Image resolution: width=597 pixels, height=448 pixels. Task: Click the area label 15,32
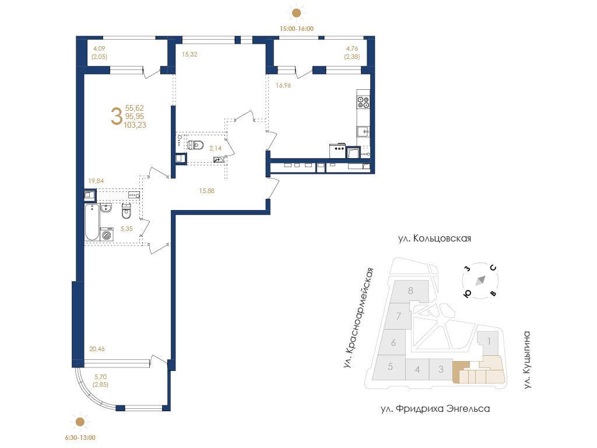189,54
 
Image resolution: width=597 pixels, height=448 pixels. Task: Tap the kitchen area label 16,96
283,85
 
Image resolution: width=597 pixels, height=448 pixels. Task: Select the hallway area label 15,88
207,191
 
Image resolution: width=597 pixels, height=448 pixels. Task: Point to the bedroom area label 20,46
97,349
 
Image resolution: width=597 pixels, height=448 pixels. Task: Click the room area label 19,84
96,181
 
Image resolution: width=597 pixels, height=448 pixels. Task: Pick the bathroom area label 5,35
127,229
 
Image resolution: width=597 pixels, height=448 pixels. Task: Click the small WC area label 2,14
215,149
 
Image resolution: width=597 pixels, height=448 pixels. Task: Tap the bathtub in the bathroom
92,222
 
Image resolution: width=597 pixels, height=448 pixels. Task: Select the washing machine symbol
107,235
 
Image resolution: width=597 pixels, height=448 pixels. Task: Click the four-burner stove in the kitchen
363,102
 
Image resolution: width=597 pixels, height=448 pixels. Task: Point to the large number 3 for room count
117,116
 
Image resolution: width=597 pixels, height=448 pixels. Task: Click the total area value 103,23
135,125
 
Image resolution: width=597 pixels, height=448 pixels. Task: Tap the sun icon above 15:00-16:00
296,13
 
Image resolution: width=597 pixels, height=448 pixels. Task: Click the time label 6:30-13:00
80,437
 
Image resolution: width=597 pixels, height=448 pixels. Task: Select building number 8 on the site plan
410,290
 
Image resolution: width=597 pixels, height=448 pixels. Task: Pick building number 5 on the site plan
390,366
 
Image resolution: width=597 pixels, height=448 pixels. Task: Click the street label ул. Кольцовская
434,239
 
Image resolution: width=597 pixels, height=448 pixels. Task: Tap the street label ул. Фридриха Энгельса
435,409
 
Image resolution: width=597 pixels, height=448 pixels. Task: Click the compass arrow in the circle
480,281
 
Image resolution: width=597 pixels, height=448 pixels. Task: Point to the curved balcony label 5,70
100,377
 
